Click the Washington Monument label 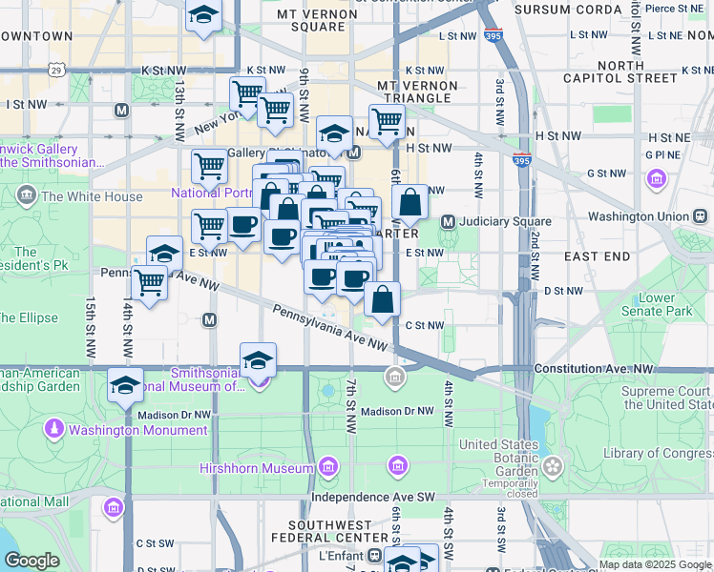click(x=137, y=430)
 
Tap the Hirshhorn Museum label click(x=256, y=468)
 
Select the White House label click(x=92, y=197)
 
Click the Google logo click(x=31, y=560)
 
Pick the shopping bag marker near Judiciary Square click(x=409, y=202)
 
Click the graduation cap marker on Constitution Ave click(x=258, y=361)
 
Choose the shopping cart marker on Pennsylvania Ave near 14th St click(x=149, y=282)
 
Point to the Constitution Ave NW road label click(x=594, y=367)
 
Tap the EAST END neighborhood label click(x=597, y=256)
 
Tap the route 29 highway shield click(x=57, y=71)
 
